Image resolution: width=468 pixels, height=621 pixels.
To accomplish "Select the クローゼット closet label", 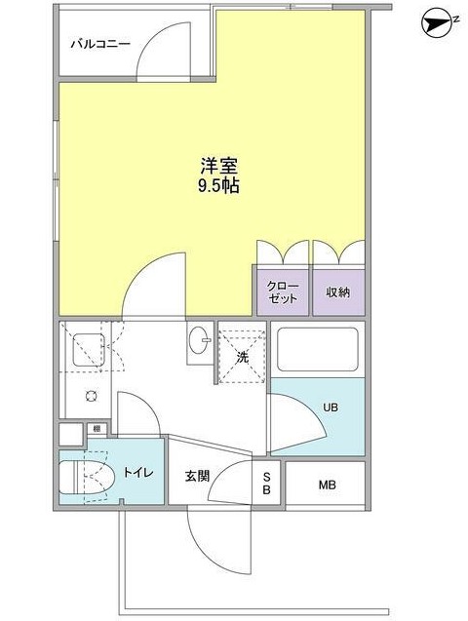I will pos(283,291).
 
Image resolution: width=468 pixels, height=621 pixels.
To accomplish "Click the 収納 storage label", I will pos(337,291).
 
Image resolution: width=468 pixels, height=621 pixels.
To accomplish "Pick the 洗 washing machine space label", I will pos(242,358).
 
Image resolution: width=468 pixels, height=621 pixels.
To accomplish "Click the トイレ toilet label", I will pos(136,475).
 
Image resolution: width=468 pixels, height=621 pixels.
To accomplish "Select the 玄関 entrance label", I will pos(197,477).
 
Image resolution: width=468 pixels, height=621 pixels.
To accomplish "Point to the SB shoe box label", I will pos(266,483).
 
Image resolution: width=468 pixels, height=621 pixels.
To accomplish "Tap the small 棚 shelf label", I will pos(97,428).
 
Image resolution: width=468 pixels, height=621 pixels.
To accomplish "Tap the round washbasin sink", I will pos(201,342).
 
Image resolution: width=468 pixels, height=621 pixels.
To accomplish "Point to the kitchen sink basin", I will pos(87,349).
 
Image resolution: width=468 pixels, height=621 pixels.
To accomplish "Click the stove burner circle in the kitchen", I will pos(90,396).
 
